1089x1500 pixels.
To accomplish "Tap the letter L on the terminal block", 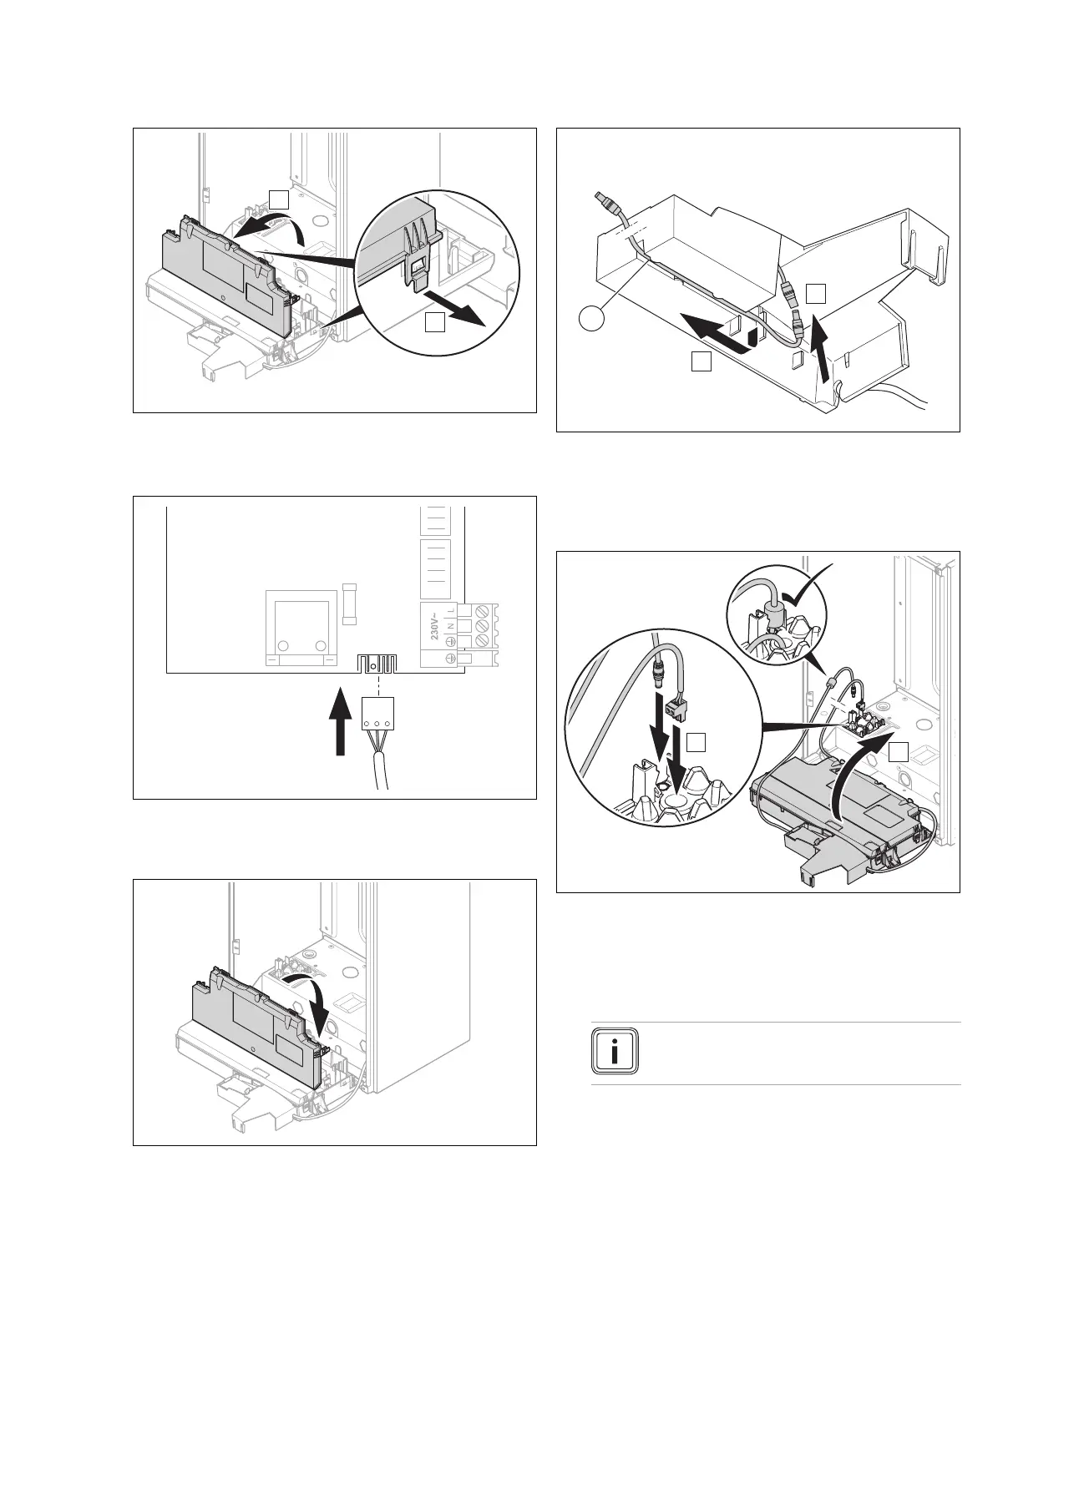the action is pos(451,610).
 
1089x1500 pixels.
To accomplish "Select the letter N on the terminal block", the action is pos(451,626).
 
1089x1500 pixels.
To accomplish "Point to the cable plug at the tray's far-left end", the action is pos(605,203).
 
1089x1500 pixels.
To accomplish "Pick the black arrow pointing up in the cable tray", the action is pos(823,351).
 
